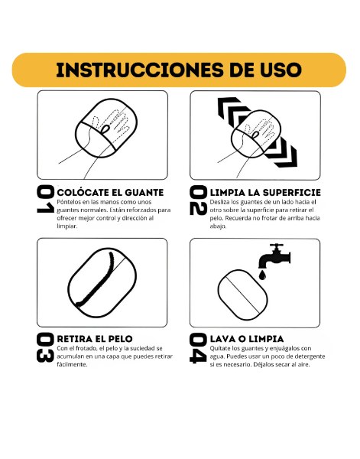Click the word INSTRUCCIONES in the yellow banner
(138, 70)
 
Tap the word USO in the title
(281, 70)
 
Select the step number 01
(45, 199)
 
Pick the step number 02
(198, 200)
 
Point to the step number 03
(45, 347)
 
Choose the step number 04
(198, 348)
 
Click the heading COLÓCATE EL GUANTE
(110, 192)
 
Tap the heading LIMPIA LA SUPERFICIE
(265, 192)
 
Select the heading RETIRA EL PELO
(95, 339)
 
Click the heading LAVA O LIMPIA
(247, 339)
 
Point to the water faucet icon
(274, 256)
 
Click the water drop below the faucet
(263, 275)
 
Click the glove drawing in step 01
(106, 129)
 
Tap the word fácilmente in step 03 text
(72, 364)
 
